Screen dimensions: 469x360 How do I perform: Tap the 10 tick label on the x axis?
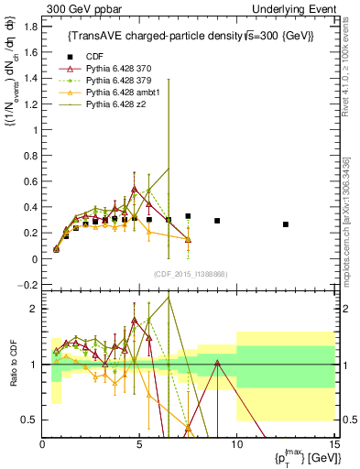coord(236,445)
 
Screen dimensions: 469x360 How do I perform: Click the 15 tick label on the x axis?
coord(333,445)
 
